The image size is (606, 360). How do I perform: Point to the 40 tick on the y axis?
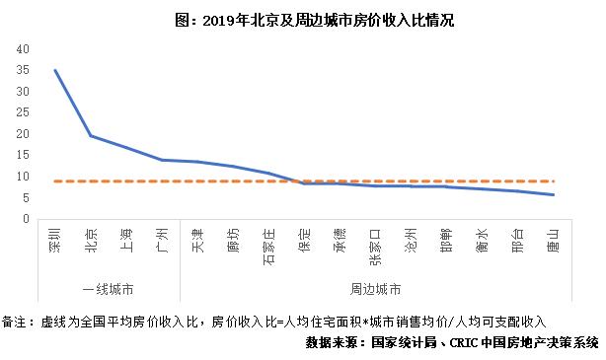(24, 48)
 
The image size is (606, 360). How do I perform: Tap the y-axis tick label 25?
(24, 112)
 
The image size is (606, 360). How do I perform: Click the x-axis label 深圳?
(55, 240)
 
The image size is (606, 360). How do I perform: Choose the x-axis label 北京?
(92, 240)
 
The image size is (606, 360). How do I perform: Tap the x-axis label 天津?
(198, 240)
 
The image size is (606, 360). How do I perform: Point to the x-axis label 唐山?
(554, 240)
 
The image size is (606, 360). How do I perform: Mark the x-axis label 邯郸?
(447, 240)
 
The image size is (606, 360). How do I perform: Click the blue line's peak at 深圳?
(55, 70)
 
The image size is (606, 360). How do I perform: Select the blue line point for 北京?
(91, 136)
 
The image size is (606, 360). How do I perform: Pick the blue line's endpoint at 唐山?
(554, 194)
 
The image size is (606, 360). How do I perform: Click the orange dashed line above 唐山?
(554, 181)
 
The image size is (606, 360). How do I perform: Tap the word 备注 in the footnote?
(17, 323)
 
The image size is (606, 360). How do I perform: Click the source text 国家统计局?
(402, 343)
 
